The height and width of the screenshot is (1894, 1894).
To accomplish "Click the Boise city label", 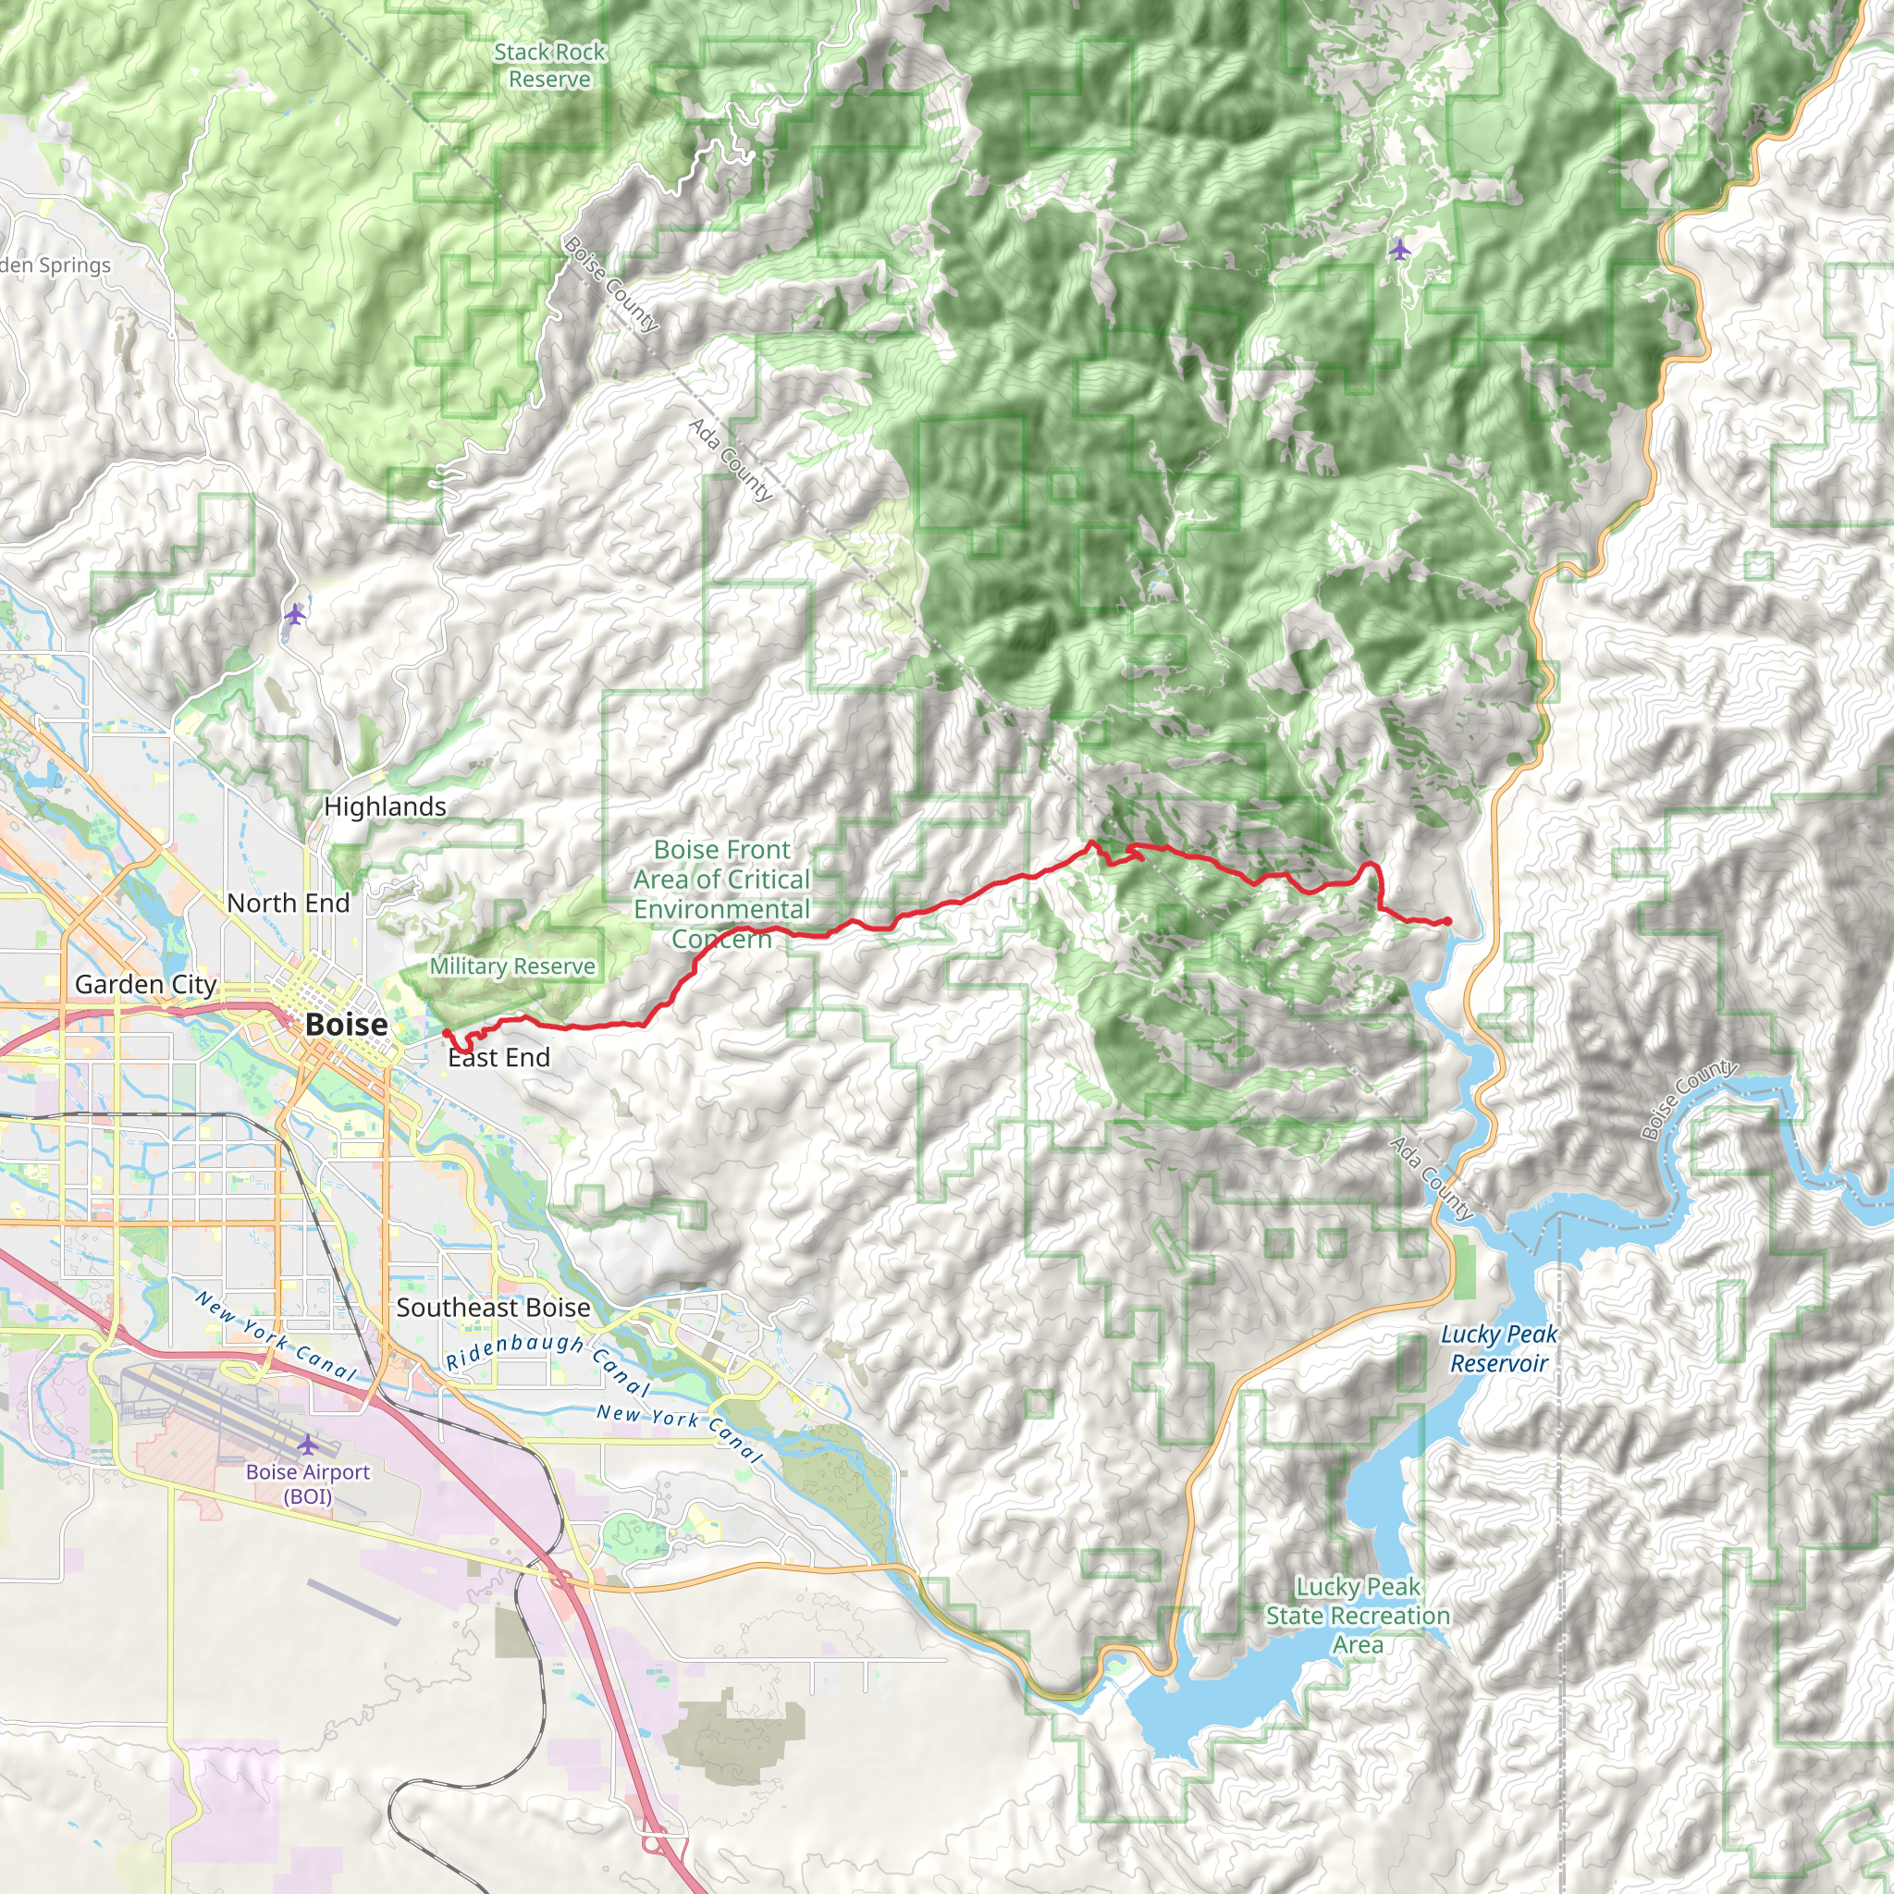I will pyautogui.click(x=346, y=1025).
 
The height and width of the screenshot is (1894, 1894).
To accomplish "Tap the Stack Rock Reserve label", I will pyautogui.click(x=549, y=66).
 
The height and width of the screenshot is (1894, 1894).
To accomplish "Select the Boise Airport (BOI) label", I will pyautogui.click(x=308, y=1483).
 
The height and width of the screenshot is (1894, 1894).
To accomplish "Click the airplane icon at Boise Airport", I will pyautogui.click(x=308, y=1445).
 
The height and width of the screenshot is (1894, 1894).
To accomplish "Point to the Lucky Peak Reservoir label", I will pyautogui.click(x=1498, y=1348).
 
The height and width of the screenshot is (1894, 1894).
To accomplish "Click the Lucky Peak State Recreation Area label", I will pyautogui.click(x=1358, y=1615).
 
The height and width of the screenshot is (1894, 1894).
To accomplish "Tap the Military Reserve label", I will pyautogui.click(x=511, y=966).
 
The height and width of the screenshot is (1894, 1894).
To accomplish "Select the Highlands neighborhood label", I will pyautogui.click(x=385, y=806).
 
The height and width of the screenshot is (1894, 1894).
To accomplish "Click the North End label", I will pyautogui.click(x=288, y=903).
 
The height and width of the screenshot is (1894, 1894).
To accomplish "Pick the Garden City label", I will pyautogui.click(x=145, y=984).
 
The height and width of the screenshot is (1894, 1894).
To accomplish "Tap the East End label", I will pyautogui.click(x=499, y=1058).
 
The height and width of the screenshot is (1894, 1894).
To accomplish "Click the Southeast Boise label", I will pyautogui.click(x=493, y=1308).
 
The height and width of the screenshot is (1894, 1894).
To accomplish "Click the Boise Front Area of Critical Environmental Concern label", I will pyautogui.click(x=721, y=893).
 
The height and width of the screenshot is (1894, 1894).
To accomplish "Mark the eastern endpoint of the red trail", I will pyautogui.click(x=1448, y=920).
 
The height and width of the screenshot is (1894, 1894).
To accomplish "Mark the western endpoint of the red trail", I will pyautogui.click(x=446, y=1032).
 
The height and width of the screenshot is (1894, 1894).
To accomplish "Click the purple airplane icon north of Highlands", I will pyautogui.click(x=295, y=615).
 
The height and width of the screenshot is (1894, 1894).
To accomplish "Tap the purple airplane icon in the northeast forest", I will pyautogui.click(x=1399, y=250).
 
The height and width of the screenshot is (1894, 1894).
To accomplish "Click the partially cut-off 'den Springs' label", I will pyautogui.click(x=55, y=265).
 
